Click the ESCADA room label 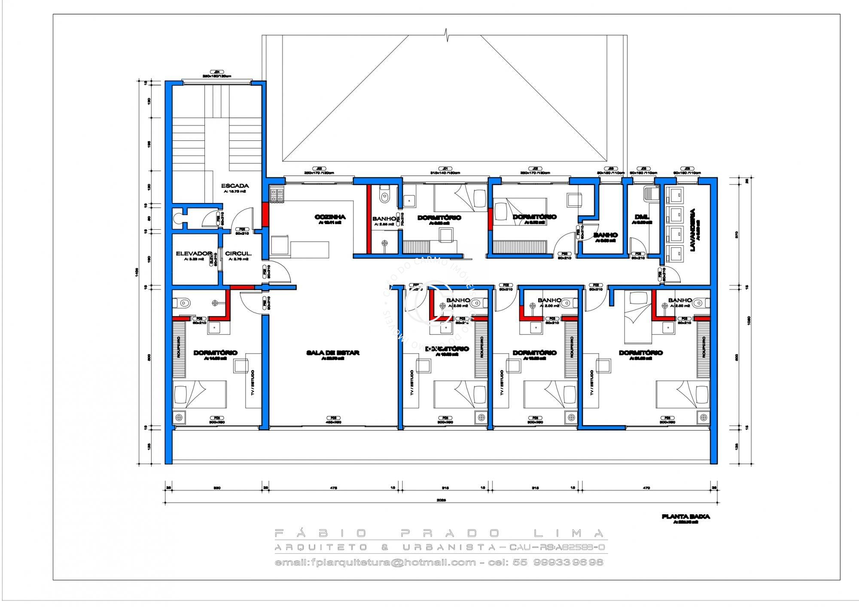(235, 186)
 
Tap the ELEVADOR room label (194, 254)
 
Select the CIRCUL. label (238, 254)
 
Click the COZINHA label (330, 217)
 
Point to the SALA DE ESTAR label (332, 353)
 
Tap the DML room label (642, 217)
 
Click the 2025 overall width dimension (441, 500)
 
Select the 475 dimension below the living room (333, 488)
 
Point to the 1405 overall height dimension (137, 271)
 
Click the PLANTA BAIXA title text (685, 517)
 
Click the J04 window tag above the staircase (217, 72)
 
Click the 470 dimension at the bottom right (646, 488)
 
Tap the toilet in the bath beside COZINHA (384, 195)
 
